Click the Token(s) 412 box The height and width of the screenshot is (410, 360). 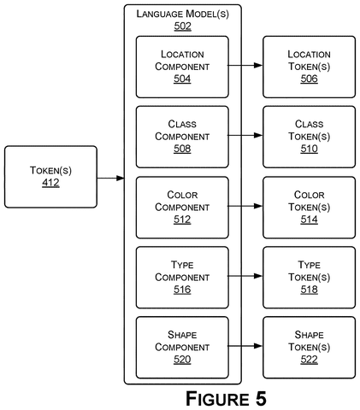point(50,177)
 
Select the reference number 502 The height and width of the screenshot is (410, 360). point(183,26)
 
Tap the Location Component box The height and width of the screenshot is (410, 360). point(182,67)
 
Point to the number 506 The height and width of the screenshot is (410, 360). point(309,79)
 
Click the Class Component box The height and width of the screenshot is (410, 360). point(182,137)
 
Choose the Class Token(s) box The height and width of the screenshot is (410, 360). point(310,137)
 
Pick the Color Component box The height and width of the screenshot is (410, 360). point(182,208)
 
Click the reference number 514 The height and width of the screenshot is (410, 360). point(309,220)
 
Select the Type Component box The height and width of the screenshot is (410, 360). point(182,278)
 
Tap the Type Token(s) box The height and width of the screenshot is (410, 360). point(310,278)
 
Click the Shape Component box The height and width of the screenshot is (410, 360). point(182,348)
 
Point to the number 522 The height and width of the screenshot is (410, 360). point(309,360)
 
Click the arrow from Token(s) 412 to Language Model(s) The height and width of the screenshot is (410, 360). point(111,179)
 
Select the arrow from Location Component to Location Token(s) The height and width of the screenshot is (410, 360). point(245,66)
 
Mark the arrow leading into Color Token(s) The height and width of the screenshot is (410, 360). point(245,206)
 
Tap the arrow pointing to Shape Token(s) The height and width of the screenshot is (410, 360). point(245,346)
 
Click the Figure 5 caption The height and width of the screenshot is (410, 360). point(226,398)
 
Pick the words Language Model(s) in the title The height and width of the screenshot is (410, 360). point(183,14)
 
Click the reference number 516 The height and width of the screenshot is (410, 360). point(182,290)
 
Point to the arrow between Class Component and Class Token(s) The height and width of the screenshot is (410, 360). point(245,135)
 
